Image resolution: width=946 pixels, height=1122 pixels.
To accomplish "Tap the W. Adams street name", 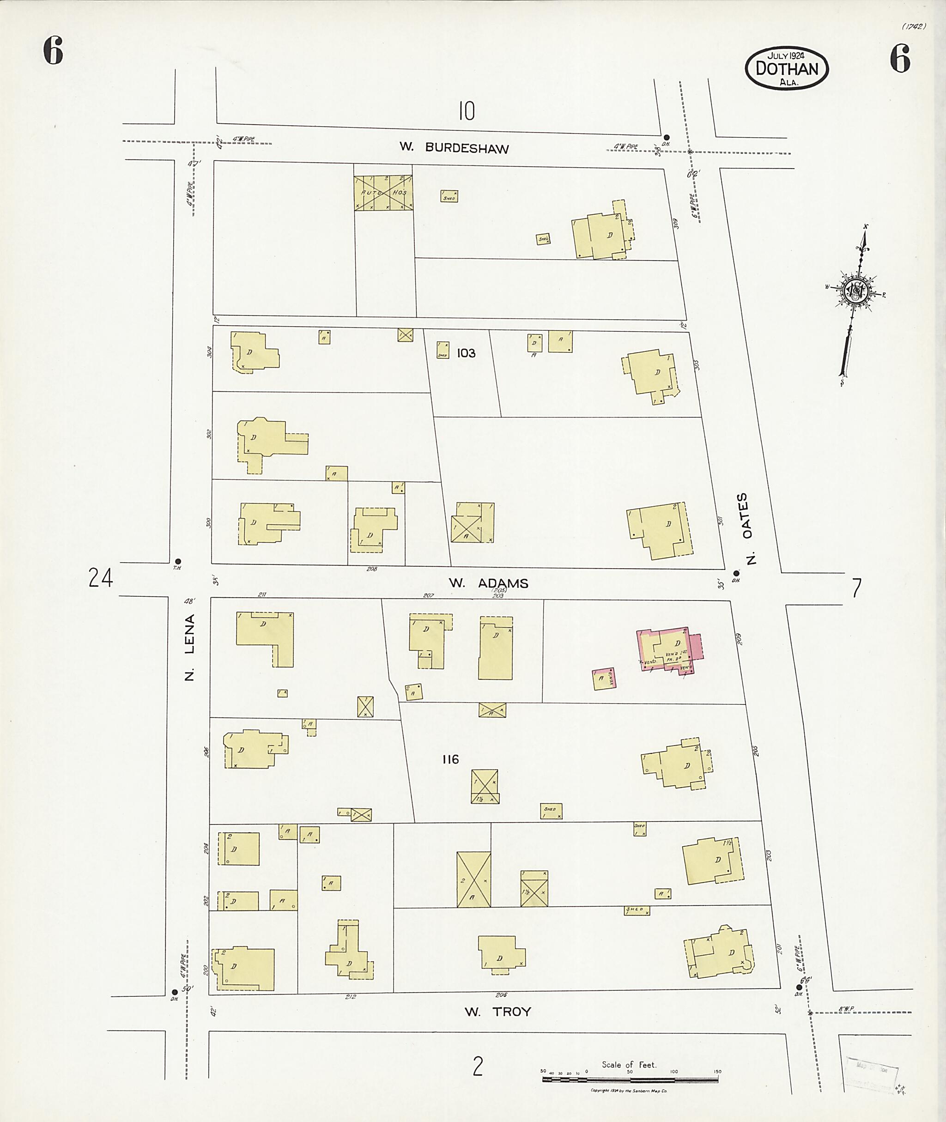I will [489, 583].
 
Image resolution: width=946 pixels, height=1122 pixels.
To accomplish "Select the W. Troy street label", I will [497, 1012].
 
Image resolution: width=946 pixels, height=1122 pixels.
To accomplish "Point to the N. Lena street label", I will [189, 647].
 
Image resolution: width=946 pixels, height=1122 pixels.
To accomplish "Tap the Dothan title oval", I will [787, 68].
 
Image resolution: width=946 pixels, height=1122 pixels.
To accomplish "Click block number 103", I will [466, 353].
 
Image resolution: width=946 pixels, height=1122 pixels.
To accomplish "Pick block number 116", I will [450, 759].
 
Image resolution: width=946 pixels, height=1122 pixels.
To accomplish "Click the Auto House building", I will [383, 192].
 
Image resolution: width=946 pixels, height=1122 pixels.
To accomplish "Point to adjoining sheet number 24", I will [101, 578].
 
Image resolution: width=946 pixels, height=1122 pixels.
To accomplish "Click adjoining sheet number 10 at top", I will [467, 112].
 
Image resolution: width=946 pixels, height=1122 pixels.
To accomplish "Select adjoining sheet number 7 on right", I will [856, 588].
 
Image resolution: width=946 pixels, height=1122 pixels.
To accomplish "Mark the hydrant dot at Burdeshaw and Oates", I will [667, 137].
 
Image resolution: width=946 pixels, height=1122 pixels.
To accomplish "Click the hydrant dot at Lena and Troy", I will [174, 992].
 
